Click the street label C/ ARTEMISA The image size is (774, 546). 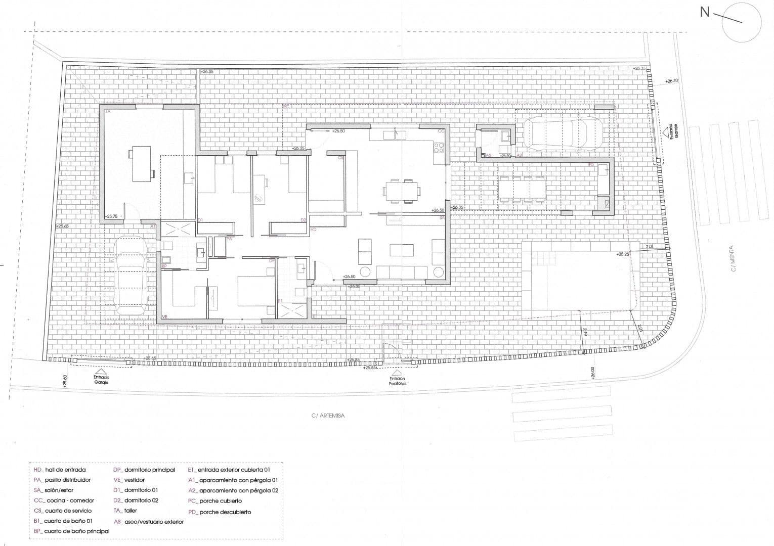click(327, 416)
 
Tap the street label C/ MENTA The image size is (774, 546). click(732, 258)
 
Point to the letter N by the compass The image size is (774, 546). click(705, 12)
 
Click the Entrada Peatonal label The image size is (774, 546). click(398, 381)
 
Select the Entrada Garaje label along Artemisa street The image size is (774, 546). click(101, 380)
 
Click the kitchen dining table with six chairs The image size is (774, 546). click(401, 191)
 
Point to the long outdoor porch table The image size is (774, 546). click(522, 189)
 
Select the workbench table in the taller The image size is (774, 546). click(141, 164)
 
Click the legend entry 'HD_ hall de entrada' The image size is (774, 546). click(60, 470)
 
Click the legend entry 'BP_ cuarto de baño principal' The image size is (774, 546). click(71, 531)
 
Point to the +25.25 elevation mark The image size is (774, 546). click(623, 254)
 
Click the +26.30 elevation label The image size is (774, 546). click(671, 81)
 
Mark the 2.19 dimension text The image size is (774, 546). click(585, 332)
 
